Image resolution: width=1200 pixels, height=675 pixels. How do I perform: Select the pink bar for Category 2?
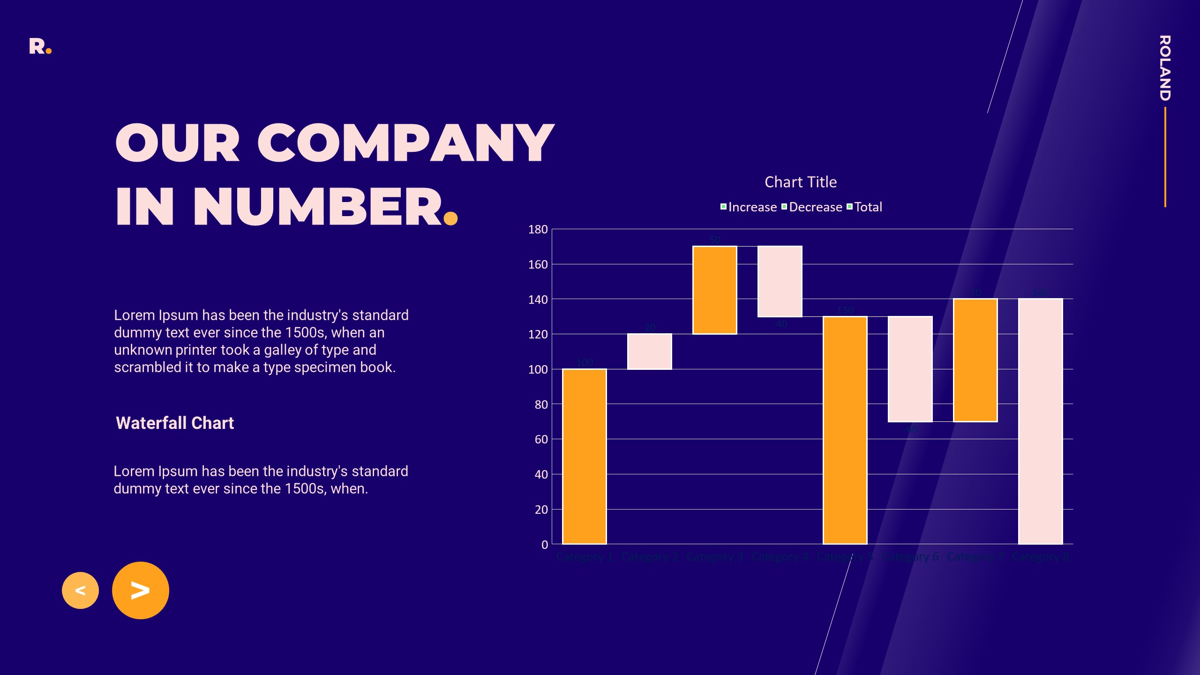pyautogui.click(x=649, y=352)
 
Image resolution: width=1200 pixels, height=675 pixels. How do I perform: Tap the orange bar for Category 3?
pyautogui.click(x=714, y=290)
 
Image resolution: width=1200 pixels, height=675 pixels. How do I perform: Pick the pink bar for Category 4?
pyautogui.click(x=780, y=281)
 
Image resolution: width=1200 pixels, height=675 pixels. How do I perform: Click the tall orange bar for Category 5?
pyautogui.click(x=845, y=430)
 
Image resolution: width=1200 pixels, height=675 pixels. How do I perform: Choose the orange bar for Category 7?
pyautogui.click(x=975, y=360)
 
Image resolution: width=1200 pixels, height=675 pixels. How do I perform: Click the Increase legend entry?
pyautogui.click(x=749, y=207)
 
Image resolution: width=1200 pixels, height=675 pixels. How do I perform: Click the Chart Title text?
pyautogui.click(x=801, y=182)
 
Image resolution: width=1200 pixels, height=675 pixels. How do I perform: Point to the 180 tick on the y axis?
pyautogui.click(x=538, y=230)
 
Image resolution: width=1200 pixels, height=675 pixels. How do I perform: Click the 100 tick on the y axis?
pyautogui.click(x=538, y=369)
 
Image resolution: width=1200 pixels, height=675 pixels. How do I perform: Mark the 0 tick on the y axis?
pyautogui.click(x=544, y=545)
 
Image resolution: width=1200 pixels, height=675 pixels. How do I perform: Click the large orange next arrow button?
pyautogui.click(x=141, y=590)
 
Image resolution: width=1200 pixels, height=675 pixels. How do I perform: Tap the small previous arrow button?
pyautogui.click(x=80, y=590)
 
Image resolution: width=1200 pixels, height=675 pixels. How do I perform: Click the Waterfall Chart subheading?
pyautogui.click(x=175, y=423)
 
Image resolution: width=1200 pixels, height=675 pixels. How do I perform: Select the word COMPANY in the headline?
pyautogui.click(x=405, y=143)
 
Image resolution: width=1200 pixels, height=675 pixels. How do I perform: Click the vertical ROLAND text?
pyautogui.click(x=1165, y=68)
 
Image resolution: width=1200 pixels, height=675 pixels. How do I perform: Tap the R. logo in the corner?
pyautogui.click(x=40, y=46)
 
